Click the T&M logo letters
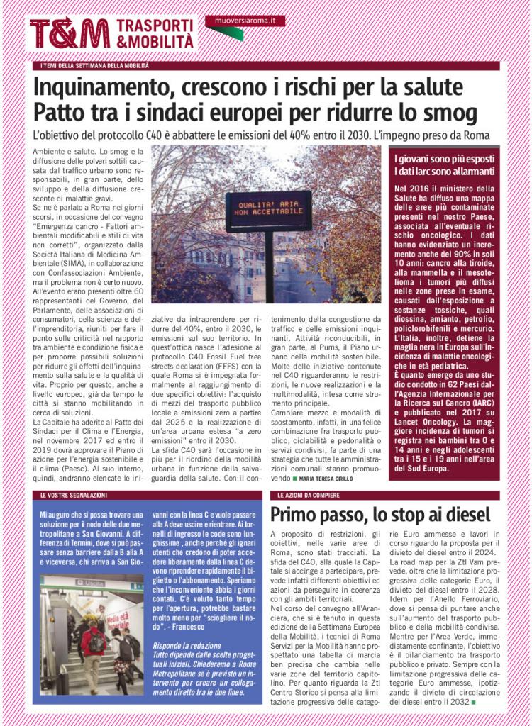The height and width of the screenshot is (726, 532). [70, 33]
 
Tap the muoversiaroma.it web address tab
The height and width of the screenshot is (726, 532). [245, 21]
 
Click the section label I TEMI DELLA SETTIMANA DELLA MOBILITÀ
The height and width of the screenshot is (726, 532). [95, 66]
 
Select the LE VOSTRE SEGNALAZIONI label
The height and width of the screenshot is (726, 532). [73, 495]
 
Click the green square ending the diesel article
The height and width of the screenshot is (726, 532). [473, 703]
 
